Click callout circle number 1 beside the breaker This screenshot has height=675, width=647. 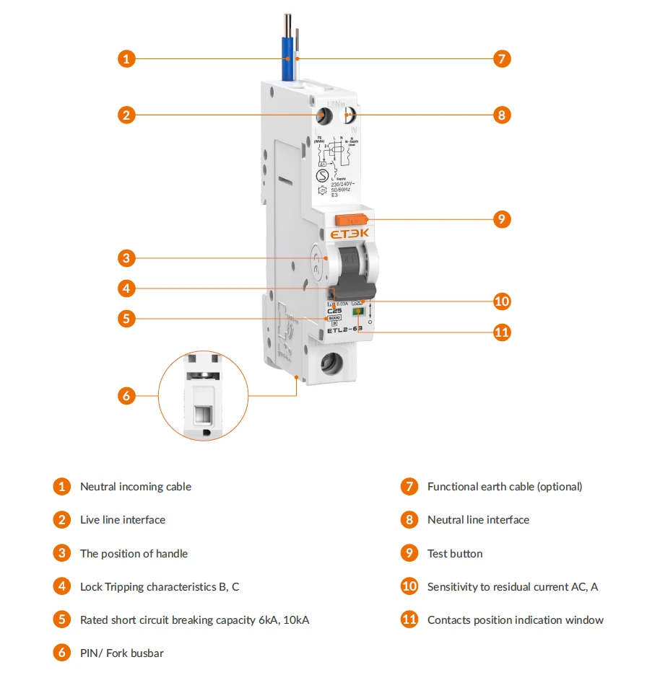click(126, 58)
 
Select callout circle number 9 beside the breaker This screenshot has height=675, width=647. click(502, 219)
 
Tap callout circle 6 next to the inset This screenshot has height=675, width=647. click(126, 395)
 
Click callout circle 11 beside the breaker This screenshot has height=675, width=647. click(502, 332)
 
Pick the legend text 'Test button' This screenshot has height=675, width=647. click(455, 554)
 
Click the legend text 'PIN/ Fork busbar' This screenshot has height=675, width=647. click(121, 653)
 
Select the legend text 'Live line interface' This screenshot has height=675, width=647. click(123, 520)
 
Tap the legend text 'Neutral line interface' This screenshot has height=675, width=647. click(478, 520)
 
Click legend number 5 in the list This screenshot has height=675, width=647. click(62, 619)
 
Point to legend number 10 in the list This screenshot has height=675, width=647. click(409, 586)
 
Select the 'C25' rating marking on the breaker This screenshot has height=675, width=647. click(335, 311)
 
